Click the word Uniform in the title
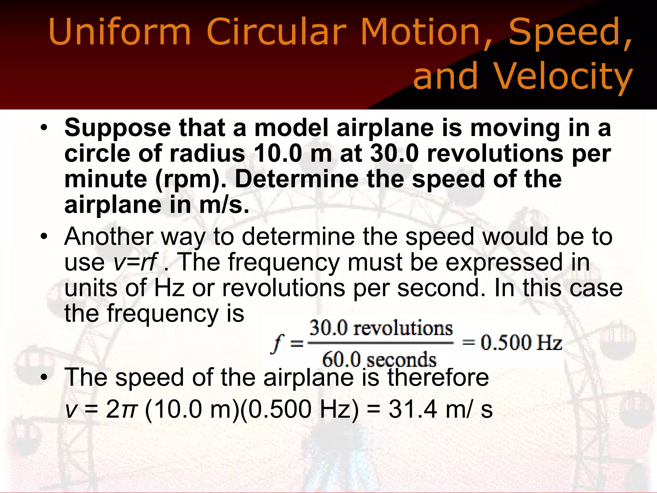click(x=119, y=32)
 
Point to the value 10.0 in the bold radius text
click(x=278, y=154)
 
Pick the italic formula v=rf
click(x=135, y=263)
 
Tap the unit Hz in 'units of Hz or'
click(x=169, y=288)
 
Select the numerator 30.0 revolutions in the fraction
click(x=381, y=329)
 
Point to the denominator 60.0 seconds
click(x=379, y=359)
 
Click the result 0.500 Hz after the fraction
click(x=521, y=343)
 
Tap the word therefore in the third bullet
click(x=438, y=377)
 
